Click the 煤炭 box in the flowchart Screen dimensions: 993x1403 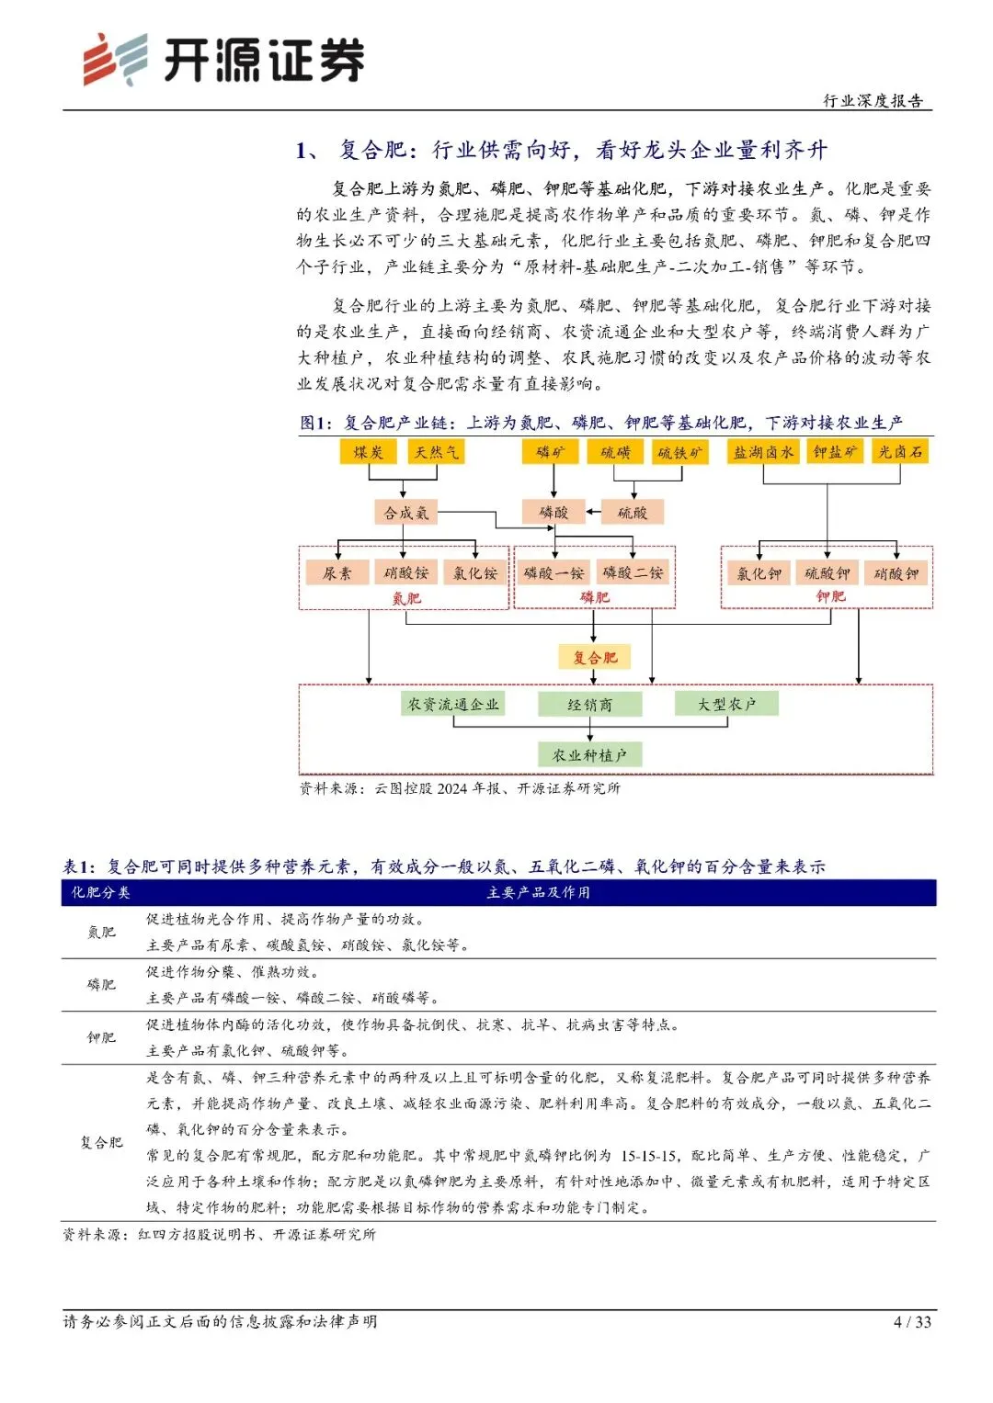[x=368, y=451]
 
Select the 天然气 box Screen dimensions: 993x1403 [x=436, y=451]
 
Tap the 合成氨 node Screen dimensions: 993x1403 [x=406, y=513]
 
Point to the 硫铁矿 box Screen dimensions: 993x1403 [x=680, y=452]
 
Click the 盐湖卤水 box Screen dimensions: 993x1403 [x=763, y=451]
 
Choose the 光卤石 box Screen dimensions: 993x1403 [x=900, y=451]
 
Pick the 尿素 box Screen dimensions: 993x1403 [x=337, y=573]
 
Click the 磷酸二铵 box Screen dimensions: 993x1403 [x=633, y=572]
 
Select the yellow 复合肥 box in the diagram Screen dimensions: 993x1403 [x=595, y=657]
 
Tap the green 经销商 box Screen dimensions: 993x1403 [x=589, y=705]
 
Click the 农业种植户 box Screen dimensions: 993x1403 [x=589, y=755]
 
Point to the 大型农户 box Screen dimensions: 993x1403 [x=726, y=704]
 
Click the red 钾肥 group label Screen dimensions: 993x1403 [x=830, y=596]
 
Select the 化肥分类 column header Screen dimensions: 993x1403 [x=101, y=892]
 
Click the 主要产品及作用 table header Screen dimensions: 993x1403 [x=538, y=892]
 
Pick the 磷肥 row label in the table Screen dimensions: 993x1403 [x=101, y=985]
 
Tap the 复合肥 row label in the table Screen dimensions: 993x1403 [x=101, y=1142]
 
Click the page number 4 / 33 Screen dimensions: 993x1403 [x=912, y=1322]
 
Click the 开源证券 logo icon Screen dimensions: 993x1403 [x=116, y=60]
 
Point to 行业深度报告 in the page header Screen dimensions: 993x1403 [x=873, y=100]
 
